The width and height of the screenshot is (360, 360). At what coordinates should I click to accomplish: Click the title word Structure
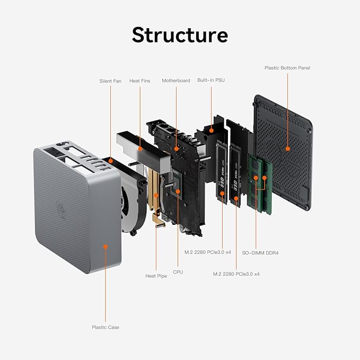pyautogui.click(x=180, y=34)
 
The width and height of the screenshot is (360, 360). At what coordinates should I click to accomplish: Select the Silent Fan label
pyautogui.click(x=110, y=81)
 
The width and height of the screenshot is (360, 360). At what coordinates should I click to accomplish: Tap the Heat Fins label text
pyautogui.click(x=140, y=81)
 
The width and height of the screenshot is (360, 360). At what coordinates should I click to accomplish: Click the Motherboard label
pyautogui.click(x=175, y=81)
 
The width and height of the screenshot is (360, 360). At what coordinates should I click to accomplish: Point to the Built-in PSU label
pyautogui.click(x=211, y=81)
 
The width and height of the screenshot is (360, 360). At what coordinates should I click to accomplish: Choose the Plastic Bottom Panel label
pyautogui.click(x=287, y=68)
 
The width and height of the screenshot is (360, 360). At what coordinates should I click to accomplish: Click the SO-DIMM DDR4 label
pyautogui.click(x=260, y=253)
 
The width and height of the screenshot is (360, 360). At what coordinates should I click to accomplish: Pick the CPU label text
pyautogui.click(x=178, y=272)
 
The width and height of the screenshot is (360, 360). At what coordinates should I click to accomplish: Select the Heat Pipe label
pyautogui.click(x=156, y=276)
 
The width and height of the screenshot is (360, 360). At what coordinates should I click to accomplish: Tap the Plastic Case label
pyautogui.click(x=106, y=327)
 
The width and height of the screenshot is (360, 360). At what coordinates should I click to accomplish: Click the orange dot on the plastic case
pyautogui.click(x=106, y=247)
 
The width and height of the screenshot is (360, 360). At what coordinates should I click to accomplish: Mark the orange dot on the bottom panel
pyautogui.click(x=287, y=150)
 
